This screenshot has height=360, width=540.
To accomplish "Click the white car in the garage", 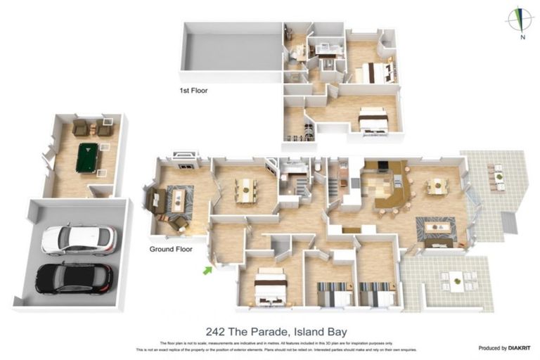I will [79, 239].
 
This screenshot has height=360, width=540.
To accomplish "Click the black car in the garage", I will [74, 278].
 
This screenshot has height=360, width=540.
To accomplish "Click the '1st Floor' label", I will [193, 91].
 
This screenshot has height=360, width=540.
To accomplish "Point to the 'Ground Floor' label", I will [171, 249].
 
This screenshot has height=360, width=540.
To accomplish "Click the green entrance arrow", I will [207, 269].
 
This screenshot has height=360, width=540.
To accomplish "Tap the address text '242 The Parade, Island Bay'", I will [276, 331].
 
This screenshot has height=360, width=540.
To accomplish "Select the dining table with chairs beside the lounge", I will [245, 190].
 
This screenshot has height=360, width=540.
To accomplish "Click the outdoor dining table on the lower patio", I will [457, 281].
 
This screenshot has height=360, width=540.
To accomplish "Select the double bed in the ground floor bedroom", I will [271, 287].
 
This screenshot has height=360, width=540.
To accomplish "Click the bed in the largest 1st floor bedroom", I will [373, 120].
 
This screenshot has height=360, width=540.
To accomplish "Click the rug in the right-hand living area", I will [436, 228].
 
